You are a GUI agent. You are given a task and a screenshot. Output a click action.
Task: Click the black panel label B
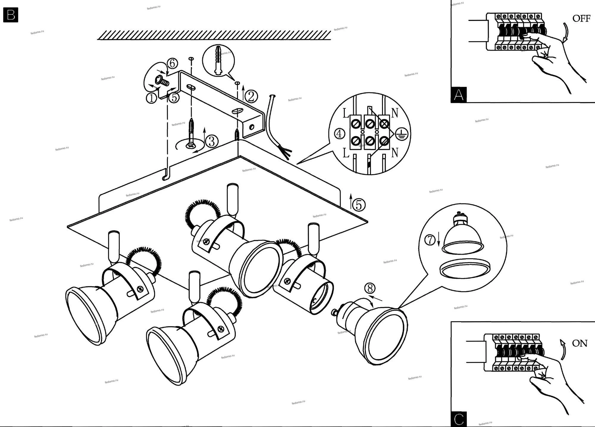pyautogui.click(x=11, y=15)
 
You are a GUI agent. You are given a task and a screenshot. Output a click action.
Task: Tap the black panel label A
pyautogui.click(x=458, y=95)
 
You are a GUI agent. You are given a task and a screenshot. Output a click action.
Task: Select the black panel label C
pyautogui.click(x=458, y=419)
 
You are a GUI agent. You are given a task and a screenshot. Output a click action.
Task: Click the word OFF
pyautogui.click(x=581, y=18)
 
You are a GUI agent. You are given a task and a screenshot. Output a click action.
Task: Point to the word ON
pyautogui.click(x=580, y=343)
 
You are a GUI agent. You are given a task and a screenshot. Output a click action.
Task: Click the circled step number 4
pyautogui.click(x=339, y=134)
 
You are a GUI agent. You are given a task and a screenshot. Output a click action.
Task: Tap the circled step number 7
pyautogui.click(x=430, y=240)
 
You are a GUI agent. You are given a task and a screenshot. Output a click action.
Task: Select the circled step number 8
pyautogui.click(x=370, y=288)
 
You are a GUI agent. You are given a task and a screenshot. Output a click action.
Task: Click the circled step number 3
pyautogui.click(x=212, y=141)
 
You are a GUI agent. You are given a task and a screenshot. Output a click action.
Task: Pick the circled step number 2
pyautogui.click(x=251, y=96)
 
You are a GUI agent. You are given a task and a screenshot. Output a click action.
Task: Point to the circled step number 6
pyautogui.click(x=172, y=63)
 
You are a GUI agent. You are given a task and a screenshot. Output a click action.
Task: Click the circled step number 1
pyautogui.click(x=151, y=98)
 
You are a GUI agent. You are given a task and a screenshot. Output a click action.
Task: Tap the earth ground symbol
pyautogui.click(x=401, y=134)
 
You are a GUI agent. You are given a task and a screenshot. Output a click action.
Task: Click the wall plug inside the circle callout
pyautogui.click(x=218, y=60)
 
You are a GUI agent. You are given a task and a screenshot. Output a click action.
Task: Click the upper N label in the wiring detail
pyautogui.click(x=395, y=113)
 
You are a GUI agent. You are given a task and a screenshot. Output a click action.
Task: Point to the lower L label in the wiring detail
pyautogui.click(x=346, y=153)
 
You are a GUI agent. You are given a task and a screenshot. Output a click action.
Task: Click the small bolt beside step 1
pyautogui.click(x=162, y=81)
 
